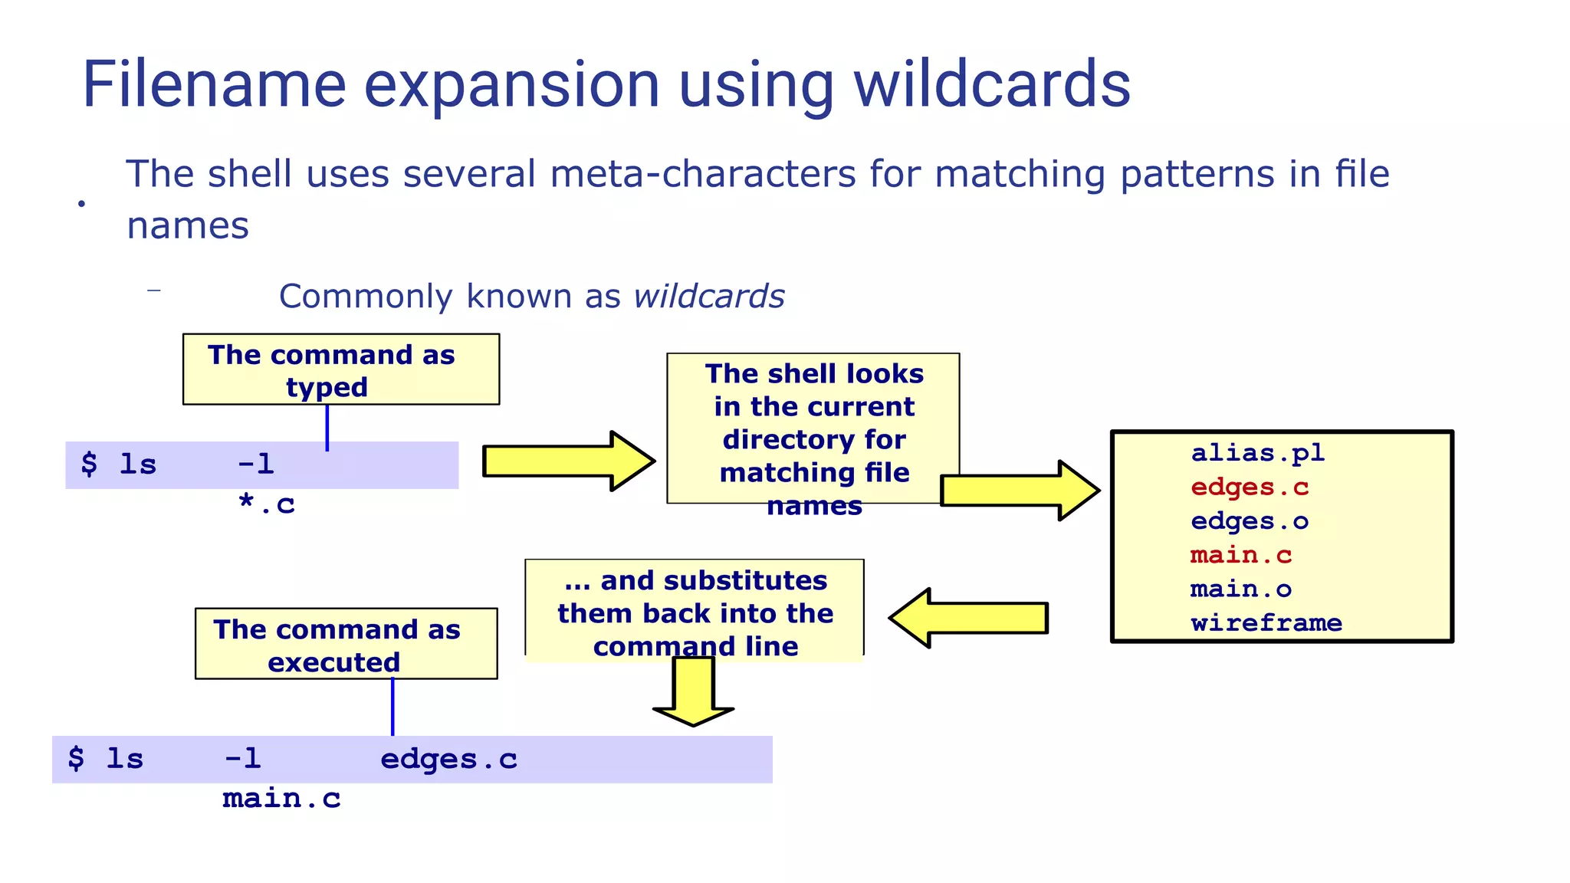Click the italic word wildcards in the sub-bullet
pos(709,297)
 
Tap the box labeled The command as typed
pos(340,369)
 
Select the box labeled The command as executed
pos(346,644)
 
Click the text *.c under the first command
pos(266,504)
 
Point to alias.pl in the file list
pos(1257,453)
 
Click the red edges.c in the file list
pos(1250,487)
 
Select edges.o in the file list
pos(1249,521)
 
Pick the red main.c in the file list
pos(1241,555)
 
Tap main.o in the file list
pos(1240,589)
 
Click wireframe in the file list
pos(1266,623)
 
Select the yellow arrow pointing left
pos(967,618)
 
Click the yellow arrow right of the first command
pos(567,461)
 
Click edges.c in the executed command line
pos(448,760)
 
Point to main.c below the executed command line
pos(281,799)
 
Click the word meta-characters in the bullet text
pos(702,174)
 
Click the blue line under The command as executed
pos(392,707)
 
